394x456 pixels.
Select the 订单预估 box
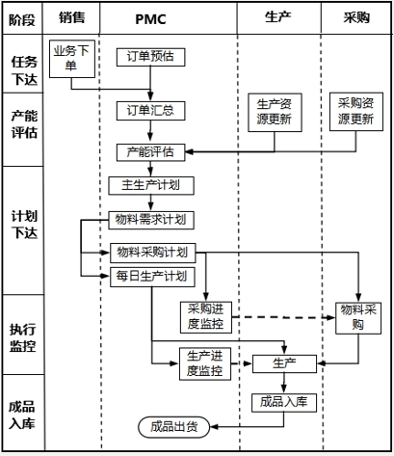(x=150, y=56)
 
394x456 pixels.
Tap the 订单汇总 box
(x=150, y=109)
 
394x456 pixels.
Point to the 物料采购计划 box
(x=153, y=253)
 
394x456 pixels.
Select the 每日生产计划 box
(x=153, y=277)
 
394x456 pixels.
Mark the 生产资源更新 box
(x=275, y=112)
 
